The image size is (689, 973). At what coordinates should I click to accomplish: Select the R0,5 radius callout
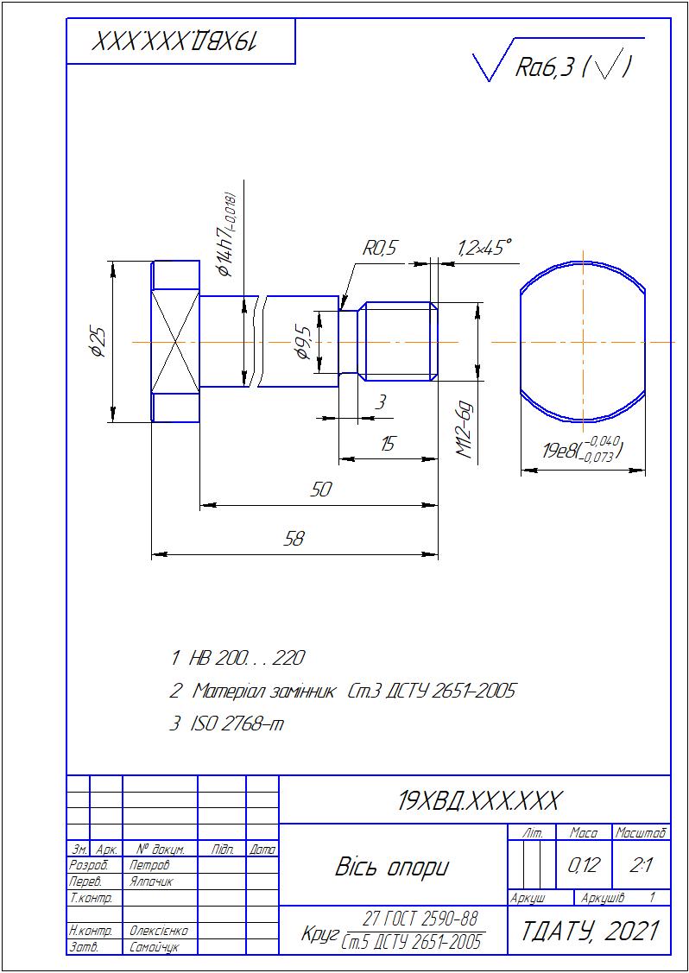378,250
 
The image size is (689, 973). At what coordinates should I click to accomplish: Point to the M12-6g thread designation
465,432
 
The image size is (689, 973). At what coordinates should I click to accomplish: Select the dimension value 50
321,490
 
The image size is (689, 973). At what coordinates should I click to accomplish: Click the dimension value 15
389,444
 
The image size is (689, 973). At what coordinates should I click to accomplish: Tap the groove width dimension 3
381,403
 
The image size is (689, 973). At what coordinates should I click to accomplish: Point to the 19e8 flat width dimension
582,449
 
